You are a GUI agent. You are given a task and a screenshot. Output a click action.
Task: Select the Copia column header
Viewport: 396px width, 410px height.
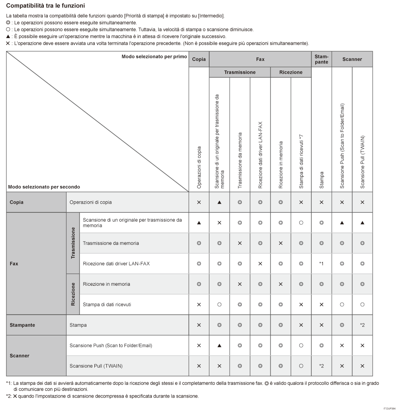tap(199, 59)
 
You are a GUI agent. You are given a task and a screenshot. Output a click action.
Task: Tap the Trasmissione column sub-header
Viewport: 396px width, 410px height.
tap(239, 73)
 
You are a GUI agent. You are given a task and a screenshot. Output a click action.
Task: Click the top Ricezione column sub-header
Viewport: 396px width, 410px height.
tap(291, 73)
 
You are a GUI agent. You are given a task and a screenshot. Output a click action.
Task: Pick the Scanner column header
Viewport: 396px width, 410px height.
tap(352, 59)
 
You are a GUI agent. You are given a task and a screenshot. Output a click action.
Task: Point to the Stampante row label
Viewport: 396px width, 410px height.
tap(22, 325)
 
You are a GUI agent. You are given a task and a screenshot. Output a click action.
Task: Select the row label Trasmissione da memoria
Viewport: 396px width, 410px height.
tap(111, 243)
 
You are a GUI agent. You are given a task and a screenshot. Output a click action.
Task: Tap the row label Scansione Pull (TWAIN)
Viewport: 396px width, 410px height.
tap(96, 366)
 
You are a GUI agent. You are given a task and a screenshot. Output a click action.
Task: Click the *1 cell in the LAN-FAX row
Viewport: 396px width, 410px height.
tap(321, 264)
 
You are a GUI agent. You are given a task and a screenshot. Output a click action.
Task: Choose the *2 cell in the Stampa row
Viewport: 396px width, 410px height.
tap(362, 325)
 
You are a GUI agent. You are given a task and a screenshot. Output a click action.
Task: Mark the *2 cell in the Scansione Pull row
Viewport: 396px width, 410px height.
tap(321, 366)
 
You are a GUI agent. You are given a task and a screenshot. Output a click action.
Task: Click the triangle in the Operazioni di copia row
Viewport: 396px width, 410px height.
tap(219, 202)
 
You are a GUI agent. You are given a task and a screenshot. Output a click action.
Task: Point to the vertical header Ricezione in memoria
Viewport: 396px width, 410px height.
tap(281, 164)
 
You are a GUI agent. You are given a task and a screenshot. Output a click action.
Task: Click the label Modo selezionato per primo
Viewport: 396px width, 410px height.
tap(154, 57)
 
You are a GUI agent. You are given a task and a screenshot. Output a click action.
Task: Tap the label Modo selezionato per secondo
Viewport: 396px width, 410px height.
tap(44, 187)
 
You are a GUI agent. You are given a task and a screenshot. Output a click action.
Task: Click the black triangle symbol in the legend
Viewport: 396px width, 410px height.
tap(8, 36)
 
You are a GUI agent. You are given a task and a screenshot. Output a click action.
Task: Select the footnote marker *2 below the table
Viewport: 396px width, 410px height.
tap(8, 397)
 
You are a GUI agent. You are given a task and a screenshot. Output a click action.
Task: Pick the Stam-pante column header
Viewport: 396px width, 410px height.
tap(321, 59)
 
